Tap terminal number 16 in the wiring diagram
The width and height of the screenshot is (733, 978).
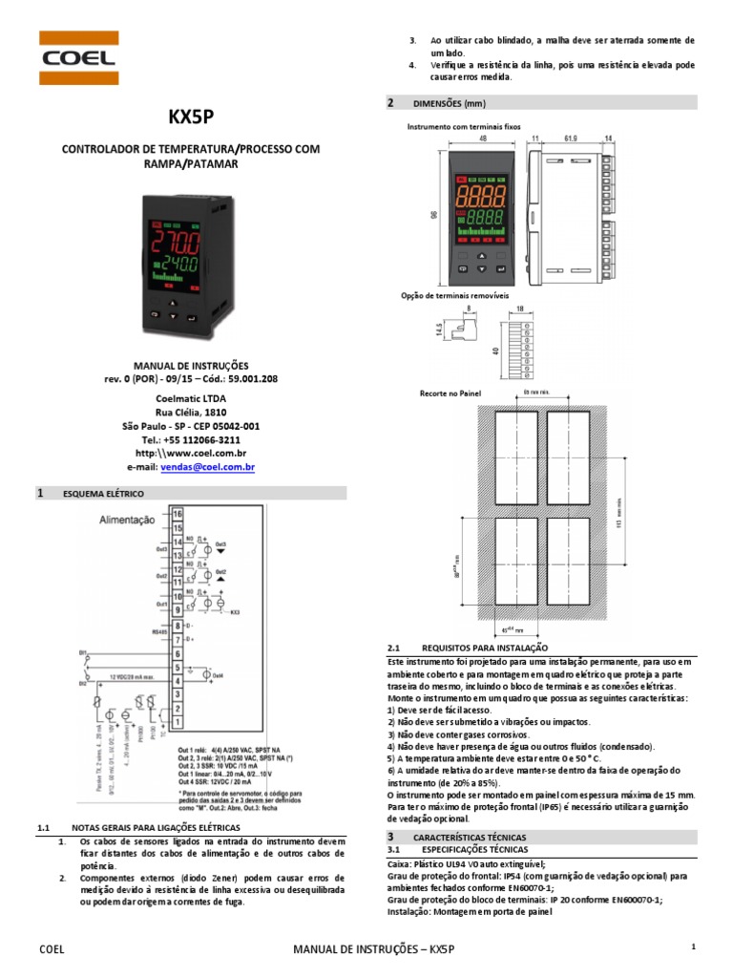coord(178,514)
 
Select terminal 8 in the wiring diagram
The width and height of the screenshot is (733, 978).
coord(178,625)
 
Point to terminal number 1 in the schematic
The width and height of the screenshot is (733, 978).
coord(178,721)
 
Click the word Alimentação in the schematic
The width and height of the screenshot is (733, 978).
coord(127,521)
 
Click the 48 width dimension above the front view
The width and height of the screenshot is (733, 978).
coord(483,138)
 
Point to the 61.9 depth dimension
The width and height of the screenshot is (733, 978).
coord(571,138)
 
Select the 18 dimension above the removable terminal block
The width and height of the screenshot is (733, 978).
coord(520,308)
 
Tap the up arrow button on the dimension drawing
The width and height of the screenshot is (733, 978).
coord(482,257)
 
